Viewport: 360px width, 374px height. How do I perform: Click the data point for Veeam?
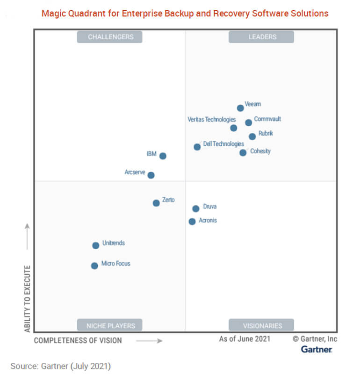(240, 108)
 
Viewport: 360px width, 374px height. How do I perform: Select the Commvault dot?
(249, 122)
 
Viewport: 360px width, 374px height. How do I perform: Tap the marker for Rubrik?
(252, 137)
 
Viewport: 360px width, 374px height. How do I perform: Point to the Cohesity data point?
(243, 152)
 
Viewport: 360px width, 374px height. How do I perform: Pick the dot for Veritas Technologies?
(234, 128)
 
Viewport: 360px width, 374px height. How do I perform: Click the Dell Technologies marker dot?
(197, 147)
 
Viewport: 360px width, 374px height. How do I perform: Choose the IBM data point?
(163, 156)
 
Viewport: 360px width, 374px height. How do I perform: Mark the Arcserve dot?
(151, 175)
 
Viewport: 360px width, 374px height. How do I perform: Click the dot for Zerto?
(156, 203)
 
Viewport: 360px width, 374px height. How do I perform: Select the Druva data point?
(196, 209)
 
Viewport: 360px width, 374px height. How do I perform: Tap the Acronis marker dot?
(192, 222)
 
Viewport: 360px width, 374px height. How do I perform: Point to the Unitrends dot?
(96, 245)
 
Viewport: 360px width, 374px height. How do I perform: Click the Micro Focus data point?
(94, 266)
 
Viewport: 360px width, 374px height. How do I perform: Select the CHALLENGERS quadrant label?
(110, 37)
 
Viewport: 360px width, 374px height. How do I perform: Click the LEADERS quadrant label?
(261, 37)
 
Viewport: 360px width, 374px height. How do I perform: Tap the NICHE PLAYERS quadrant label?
(110, 325)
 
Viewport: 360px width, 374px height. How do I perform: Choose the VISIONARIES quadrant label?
(261, 325)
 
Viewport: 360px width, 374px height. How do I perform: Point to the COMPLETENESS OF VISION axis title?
(78, 340)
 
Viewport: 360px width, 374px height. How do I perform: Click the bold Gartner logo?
(317, 349)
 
